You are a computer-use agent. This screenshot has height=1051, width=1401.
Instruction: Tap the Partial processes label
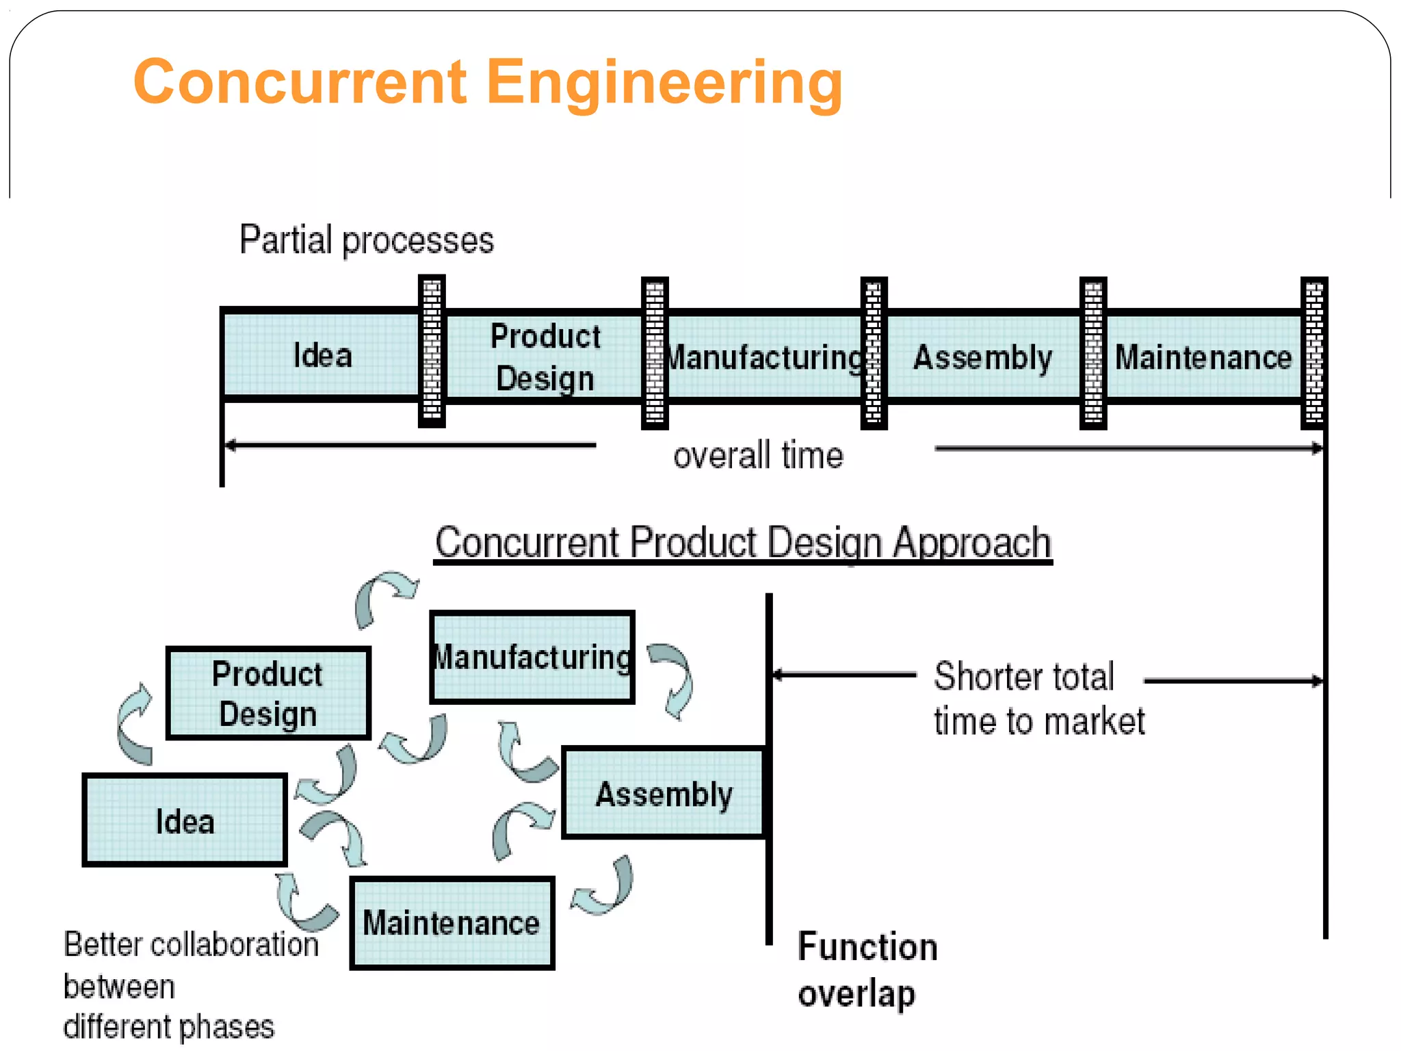(x=366, y=240)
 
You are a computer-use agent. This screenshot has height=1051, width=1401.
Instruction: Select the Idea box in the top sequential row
(x=322, y=355)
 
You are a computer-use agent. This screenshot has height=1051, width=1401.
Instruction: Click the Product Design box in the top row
(x=545, y=356)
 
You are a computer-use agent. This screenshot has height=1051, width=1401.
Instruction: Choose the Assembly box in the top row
(x=982, y=357)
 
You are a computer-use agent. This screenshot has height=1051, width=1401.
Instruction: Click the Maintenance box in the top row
(x=1203, y=357)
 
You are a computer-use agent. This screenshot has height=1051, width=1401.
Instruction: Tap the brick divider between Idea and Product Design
(x=432, y=351)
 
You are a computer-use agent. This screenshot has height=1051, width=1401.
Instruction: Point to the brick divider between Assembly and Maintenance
(x=1092, y=353)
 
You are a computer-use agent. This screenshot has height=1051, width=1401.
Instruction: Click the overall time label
(x=758, y=455)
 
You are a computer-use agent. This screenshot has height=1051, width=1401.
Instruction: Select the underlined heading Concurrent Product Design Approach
(x=743, y=543)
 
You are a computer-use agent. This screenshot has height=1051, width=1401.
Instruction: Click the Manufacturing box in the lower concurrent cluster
(x=532, y=657)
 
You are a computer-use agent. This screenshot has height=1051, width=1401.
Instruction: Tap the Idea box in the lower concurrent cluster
(x=185, y=820)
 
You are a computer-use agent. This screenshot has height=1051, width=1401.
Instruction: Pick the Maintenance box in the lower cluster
(x=451, y=922)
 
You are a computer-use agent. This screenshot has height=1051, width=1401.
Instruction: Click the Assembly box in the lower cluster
(x=663, y=793)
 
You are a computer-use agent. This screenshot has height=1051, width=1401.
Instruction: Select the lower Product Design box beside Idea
(x=268, y=693)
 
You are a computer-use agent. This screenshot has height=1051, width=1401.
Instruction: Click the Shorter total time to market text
(x=1038, y=699)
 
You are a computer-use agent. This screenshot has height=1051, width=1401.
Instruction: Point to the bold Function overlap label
(x=867, y=970)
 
